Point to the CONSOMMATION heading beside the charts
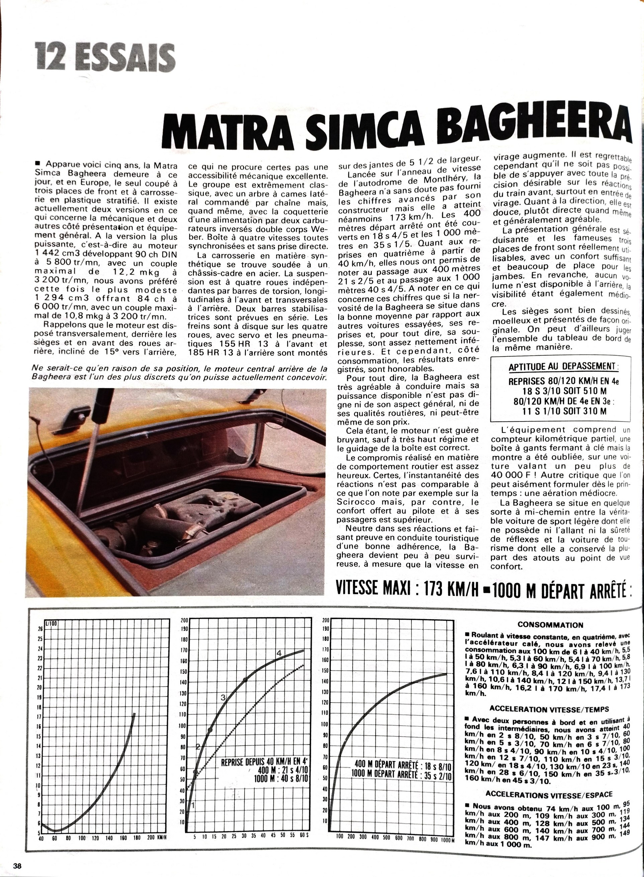tap(550, 625)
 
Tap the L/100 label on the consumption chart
tap(51, 623)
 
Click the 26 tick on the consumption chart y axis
tap(40, 629)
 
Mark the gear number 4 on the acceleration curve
tap(279, 653)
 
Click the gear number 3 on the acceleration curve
tap(223, 697)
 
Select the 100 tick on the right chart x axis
tap(340, 837)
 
